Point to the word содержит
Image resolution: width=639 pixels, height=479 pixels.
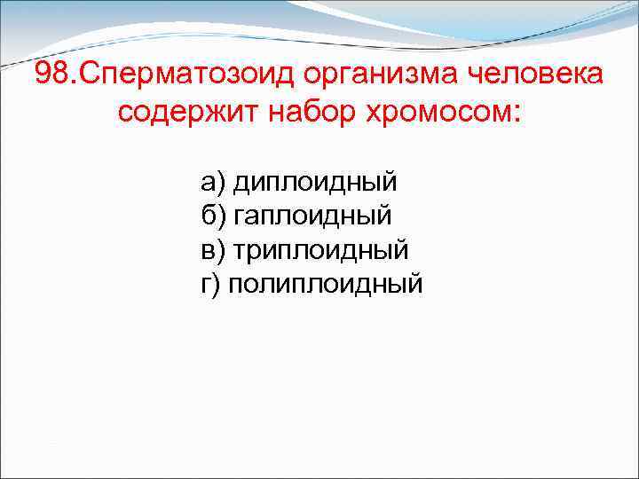pos(182,114)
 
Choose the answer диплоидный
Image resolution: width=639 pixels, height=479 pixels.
pos(314,184)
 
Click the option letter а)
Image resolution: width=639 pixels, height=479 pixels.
pos(213,184)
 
